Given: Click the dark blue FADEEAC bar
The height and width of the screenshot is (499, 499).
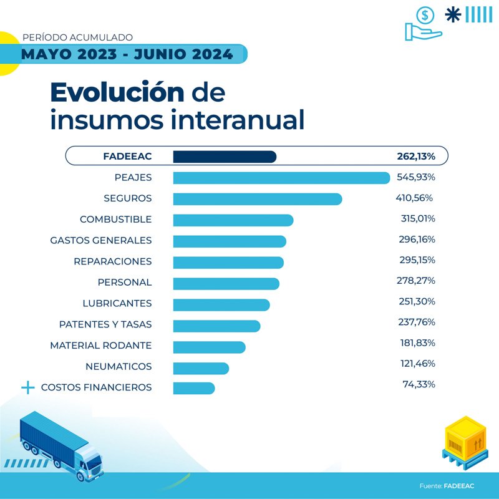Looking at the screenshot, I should [224, 157].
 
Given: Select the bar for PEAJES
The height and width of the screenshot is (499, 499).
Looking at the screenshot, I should [281, 178].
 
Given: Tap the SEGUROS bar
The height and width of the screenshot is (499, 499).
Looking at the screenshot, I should [257, 199].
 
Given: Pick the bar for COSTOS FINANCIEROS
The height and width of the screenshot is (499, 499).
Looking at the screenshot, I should [193, 388].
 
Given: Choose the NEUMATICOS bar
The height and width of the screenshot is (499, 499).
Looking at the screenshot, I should [200, 367].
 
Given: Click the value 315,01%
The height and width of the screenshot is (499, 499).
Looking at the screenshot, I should [417, 219].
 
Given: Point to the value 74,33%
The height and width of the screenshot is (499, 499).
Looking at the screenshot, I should [419, 384].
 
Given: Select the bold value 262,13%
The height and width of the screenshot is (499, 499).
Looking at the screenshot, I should [415, 156].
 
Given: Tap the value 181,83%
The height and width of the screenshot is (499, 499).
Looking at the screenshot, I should [417, 343].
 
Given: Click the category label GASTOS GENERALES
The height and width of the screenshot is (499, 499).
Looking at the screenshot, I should [100, 240].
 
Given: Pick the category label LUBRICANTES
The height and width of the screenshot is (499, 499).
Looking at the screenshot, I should [117, 303].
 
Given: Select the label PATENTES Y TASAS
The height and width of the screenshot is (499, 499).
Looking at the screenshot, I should [105, 324].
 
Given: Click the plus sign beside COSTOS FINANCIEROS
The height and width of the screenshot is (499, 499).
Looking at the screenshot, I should [27, 387].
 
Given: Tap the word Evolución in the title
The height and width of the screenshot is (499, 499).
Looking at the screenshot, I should [117, 92].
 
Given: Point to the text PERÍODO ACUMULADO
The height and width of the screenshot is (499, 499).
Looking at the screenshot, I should [77, 37].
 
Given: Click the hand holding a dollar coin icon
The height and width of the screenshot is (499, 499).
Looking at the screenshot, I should [424, 23].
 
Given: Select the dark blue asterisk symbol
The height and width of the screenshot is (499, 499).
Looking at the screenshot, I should [453, 14].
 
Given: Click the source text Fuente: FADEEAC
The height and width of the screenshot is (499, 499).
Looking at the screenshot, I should [447, 485].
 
